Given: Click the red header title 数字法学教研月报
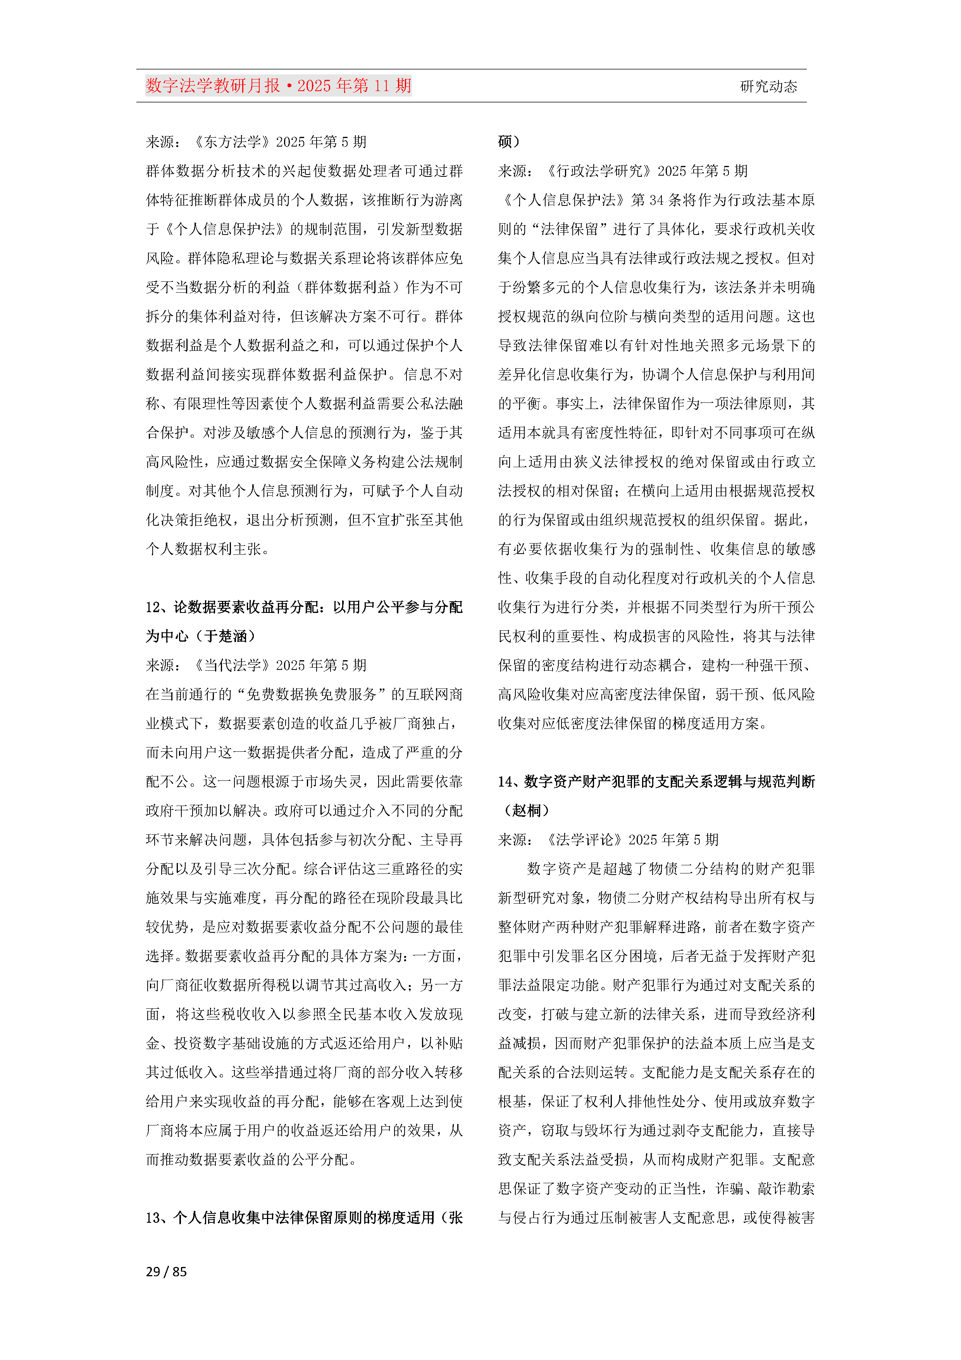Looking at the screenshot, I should point(213,86).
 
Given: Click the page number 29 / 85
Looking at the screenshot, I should point(166,1272).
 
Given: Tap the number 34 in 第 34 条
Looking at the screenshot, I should point(656,200).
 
